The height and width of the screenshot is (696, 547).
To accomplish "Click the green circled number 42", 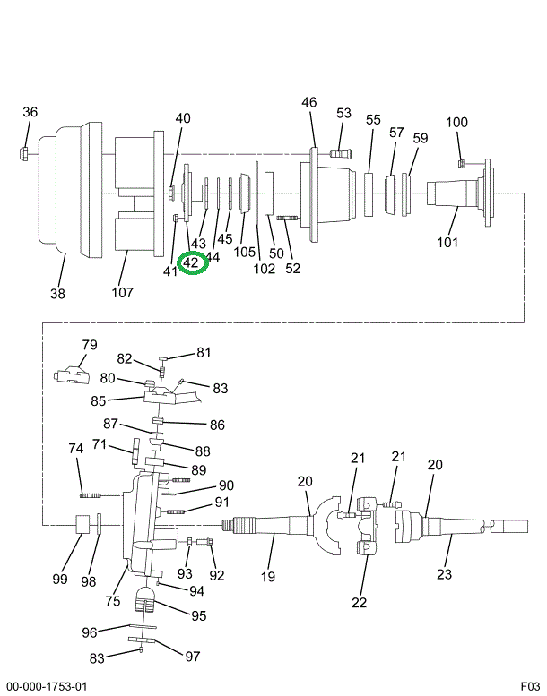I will (x=192, y=263).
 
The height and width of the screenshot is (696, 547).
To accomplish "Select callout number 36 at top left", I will (x=30, y=112).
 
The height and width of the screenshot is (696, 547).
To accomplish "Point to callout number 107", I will (x=122, y=292).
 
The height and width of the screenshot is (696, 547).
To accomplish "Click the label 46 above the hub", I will (x=308, y=103).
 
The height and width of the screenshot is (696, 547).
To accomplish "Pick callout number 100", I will (x=456, y=123).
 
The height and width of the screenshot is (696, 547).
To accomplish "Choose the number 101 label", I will (x=447, y=242).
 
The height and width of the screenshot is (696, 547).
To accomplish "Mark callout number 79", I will (x=89, y=345).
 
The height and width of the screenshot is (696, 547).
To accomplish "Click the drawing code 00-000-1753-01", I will (x=47, y=686).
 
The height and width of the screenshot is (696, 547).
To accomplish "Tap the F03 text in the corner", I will (x=531, y=686).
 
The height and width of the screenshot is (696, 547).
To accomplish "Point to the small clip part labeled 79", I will (x=70, y=374).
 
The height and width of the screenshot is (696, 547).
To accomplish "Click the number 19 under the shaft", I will (x=268, y=577).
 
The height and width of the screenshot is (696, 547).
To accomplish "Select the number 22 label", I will (x=360, y=602).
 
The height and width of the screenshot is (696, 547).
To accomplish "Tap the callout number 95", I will (x=198, y=615).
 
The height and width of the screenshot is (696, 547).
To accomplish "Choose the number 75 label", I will (x=114, y=601).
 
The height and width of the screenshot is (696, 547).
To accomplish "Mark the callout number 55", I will (x=373, y=119).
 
